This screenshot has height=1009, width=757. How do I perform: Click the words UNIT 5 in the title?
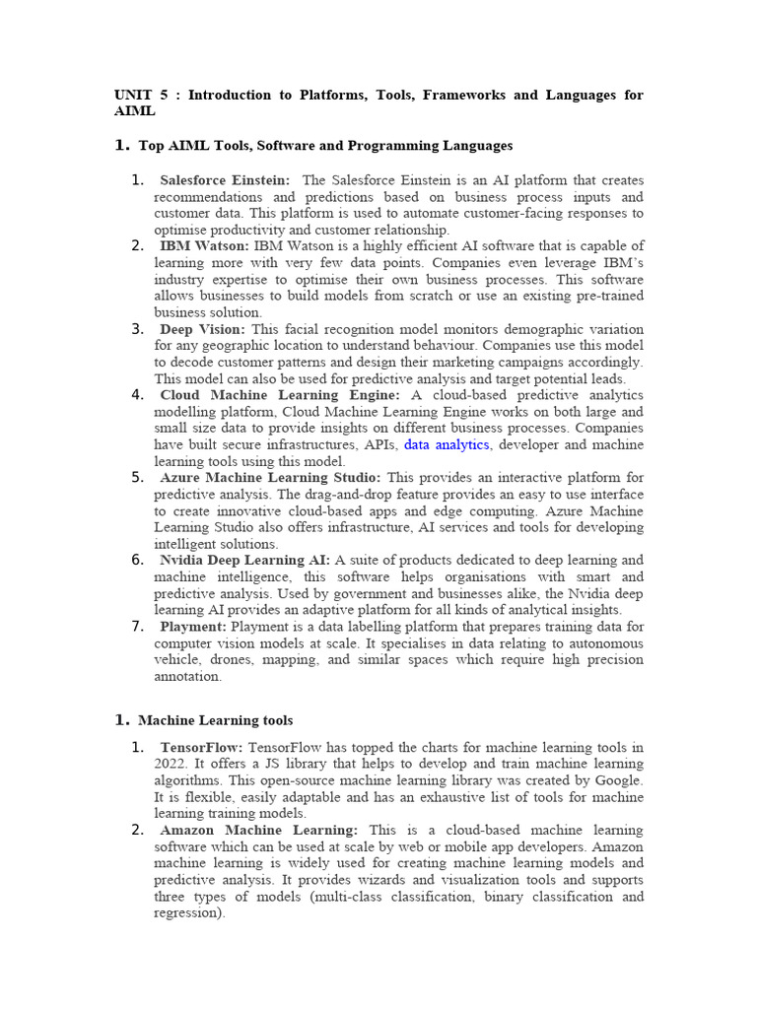tap(141, 96)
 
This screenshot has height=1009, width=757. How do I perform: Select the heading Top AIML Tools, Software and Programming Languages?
tap(325, 146)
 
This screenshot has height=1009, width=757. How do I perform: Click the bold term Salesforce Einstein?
tap(225, 180)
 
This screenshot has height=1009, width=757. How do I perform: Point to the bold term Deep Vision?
tap(203, 329)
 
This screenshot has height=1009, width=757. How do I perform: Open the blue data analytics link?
tap(447, 444)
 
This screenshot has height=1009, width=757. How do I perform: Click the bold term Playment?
tap(193, 627)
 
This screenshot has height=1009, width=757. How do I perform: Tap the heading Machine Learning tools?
tap(215, 721)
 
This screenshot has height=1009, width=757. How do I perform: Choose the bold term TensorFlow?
tap(201, 748)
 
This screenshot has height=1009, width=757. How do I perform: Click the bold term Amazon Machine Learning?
tap(259, 831)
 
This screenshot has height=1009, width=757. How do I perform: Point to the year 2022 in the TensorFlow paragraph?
tap(170, 764)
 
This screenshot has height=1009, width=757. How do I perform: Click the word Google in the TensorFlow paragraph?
tap(617, 780)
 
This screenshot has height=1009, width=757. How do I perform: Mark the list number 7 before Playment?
tap(137, 627)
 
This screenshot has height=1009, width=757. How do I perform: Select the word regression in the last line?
tap(186, 913)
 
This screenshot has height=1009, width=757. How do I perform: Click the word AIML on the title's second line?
tap(135, 111)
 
